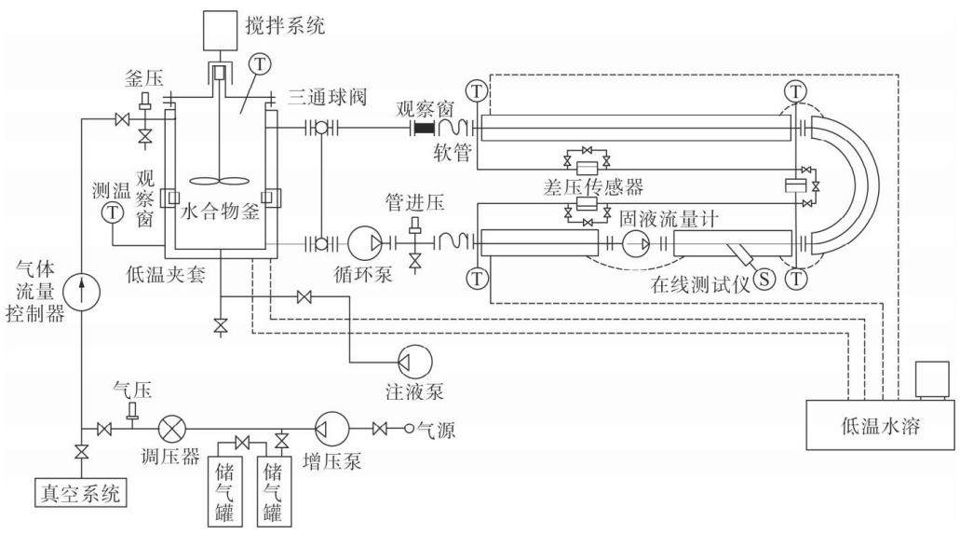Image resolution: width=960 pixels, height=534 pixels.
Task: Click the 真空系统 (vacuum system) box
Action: (x=80, y=492)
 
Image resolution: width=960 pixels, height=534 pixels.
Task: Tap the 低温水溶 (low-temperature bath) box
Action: (x=880, y=424)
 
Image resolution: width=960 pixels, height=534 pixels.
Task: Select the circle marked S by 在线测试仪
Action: (x=764, y=279)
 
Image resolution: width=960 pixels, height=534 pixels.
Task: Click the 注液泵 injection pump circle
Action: (x=414, y=362)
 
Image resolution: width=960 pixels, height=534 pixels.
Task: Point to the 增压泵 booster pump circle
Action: (x=331, y=428)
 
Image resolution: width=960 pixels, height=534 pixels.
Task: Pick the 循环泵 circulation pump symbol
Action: (x=366, y=243)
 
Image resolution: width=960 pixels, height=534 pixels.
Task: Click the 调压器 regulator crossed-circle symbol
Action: (x=172, y=428)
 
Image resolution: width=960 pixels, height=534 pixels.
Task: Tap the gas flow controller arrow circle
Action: (x=83, y=291)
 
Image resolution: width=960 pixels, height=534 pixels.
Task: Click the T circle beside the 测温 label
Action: (x=113, y=212)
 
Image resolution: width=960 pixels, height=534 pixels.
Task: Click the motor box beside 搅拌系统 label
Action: (x=217, y=29)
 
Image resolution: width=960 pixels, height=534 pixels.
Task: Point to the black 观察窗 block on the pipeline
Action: (x=424, y=128)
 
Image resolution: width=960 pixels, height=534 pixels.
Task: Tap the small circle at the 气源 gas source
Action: (x=409, y=429)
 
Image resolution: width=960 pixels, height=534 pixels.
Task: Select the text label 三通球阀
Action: (x=328, y=97)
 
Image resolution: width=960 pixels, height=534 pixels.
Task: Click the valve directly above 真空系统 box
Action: (x=80, y=453)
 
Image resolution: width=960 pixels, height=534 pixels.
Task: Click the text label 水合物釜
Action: (x=221, y=212)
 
